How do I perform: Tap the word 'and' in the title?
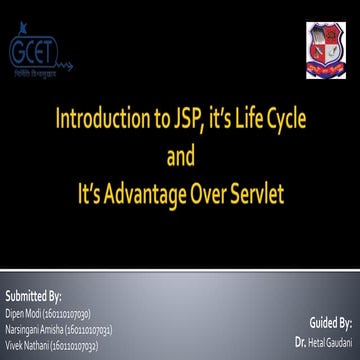point(179,158)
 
